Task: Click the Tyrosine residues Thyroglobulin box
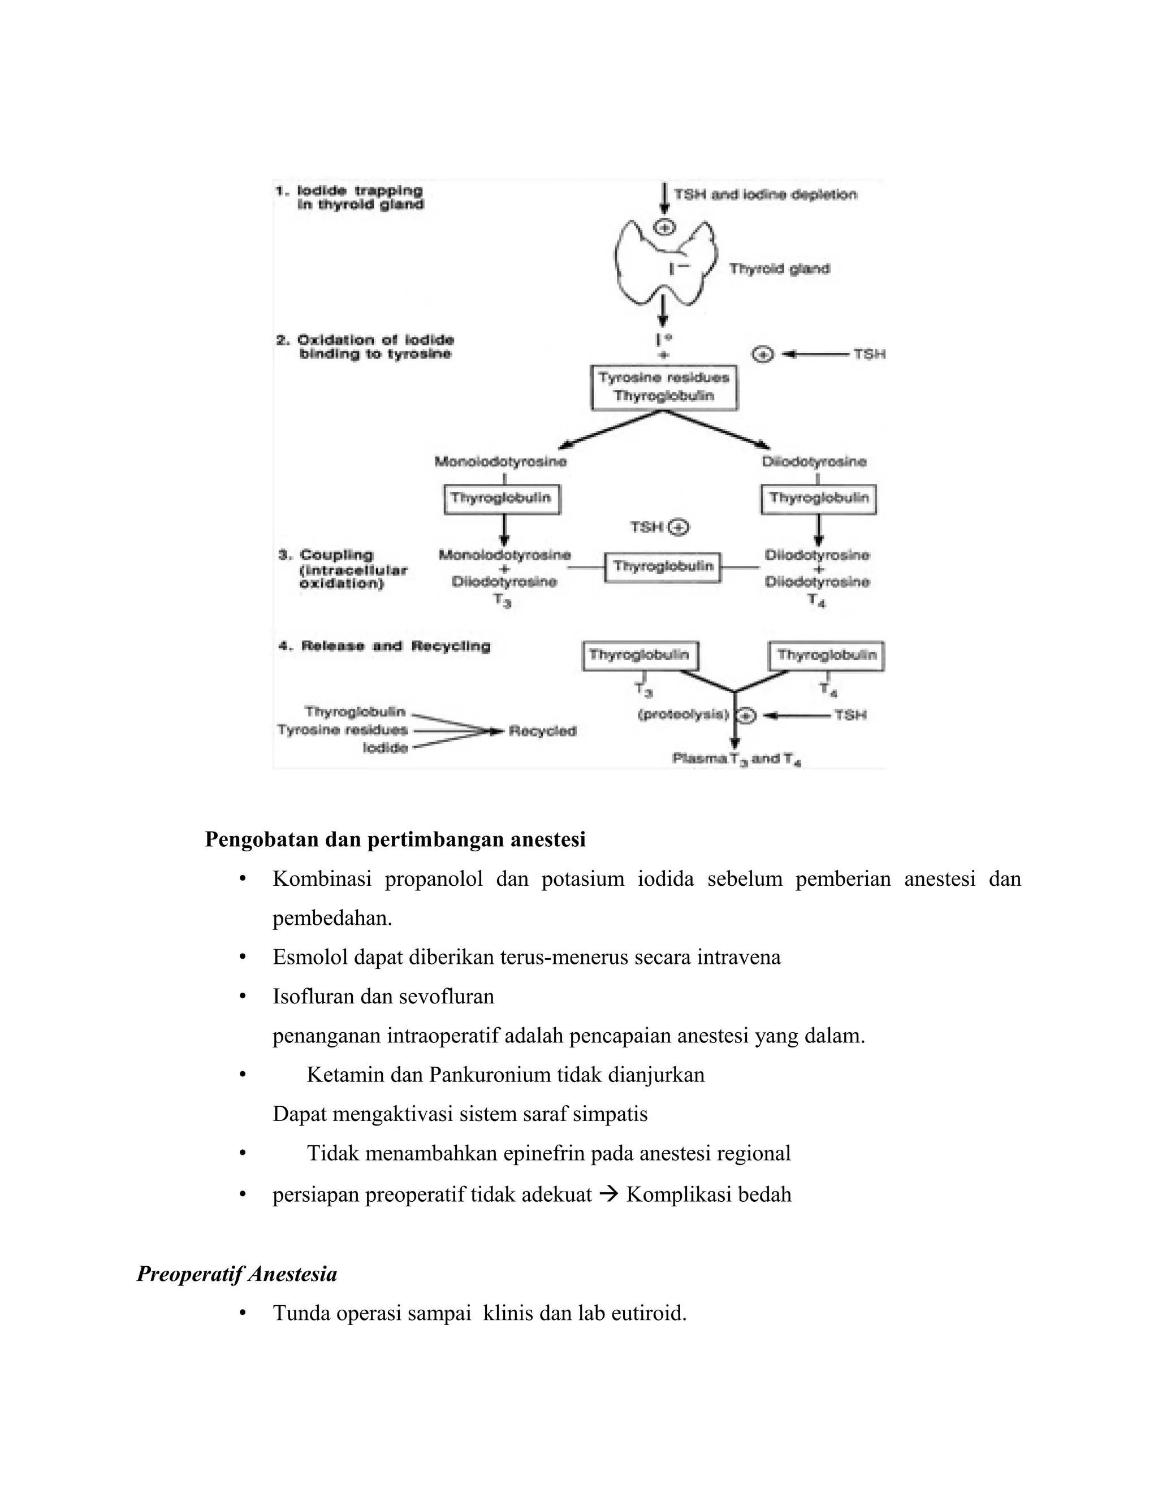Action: (x=664, y=387)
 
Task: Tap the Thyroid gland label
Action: (x=779, y=269)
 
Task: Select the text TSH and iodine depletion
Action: (x=765, y=195)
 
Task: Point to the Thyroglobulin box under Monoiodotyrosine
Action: (x=502, y=499)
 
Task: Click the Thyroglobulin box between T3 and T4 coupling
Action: (x=663, y=566)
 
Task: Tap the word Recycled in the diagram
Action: (x=542, y=731)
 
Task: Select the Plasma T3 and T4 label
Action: (x=737, y=759)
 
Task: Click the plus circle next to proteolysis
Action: (x=746, y=716)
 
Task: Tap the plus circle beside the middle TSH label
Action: (x=679, y=527)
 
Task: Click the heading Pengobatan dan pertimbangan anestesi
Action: (x=395, y=839)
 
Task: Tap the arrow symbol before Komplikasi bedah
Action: (x=608, y=1195)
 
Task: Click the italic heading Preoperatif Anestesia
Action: (x=237, y=1274)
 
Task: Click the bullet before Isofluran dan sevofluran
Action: (x=242, y=997)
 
